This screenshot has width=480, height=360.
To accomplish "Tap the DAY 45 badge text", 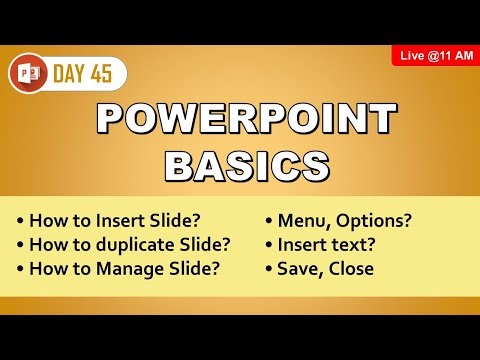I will pos(89,73).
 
